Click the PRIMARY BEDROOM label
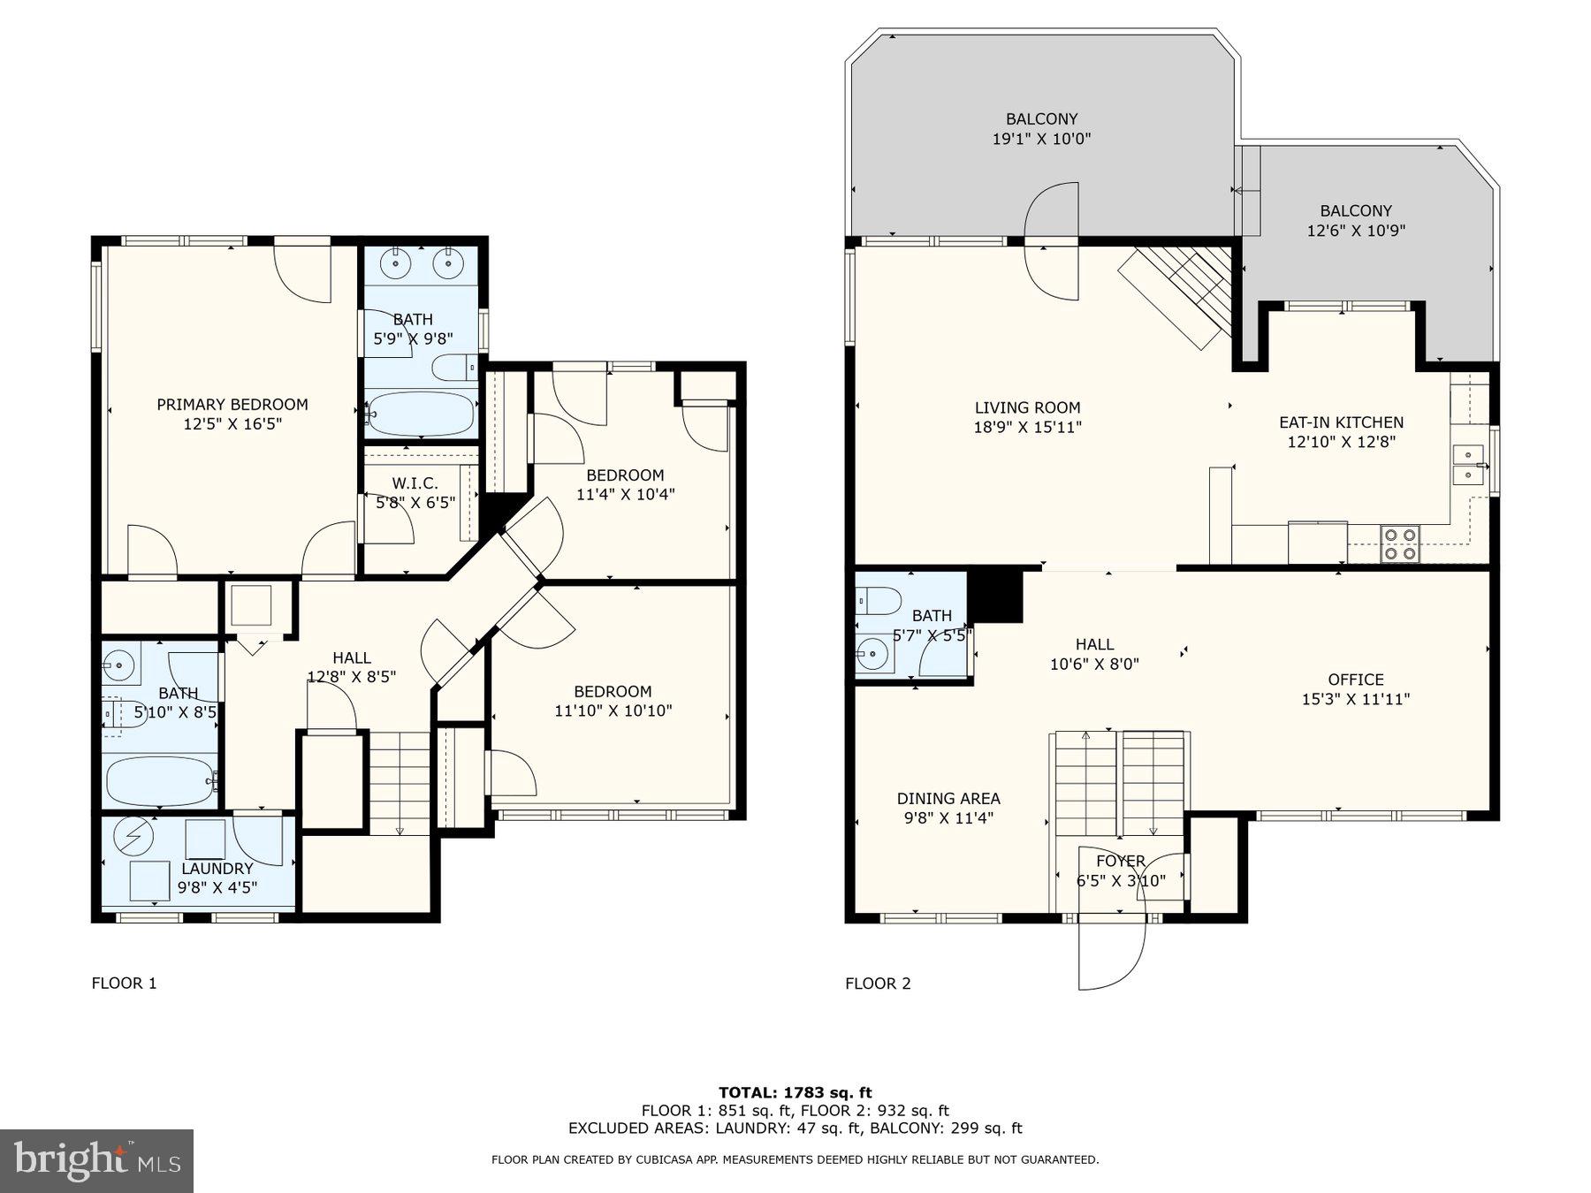coord(232,405)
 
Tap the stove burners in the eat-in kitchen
coord(1399,543)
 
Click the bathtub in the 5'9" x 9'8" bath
coord(420,414)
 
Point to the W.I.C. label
coord(415,483)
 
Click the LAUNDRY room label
coord(217,869)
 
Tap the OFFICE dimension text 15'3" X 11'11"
coord(1355,699)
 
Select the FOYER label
coord(1120,861)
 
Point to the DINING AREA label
coord(948,798)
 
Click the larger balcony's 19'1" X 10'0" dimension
coord(1041,139)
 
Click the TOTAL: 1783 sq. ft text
coord(795,1092)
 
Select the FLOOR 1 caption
coord(124,983)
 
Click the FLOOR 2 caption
coord(878,984)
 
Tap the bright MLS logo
coord(96,1160)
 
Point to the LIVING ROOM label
coord(1027,407)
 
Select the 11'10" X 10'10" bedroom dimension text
coord(613,710)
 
